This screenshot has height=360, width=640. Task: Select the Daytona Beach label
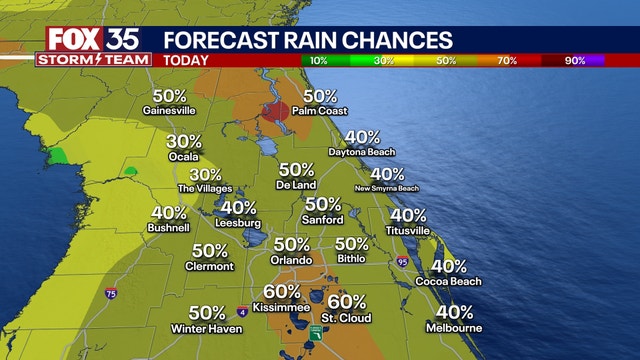(x=362, y=152)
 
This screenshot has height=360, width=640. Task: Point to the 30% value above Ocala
(x=183, y=142)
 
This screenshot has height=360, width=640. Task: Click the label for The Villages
(x=205, y=188)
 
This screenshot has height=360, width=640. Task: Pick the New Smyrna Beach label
(x=387, y=188)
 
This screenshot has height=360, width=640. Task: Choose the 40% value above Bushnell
(x=169, y=213)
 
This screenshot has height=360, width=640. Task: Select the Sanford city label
(x=323, y=219)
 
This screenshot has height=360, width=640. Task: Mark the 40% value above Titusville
(x=408, y=215)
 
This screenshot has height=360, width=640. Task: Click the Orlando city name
(x=291, y=259)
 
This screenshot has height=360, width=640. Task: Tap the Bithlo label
(x=352, y=259)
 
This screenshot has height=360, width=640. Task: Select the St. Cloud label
(x=347, y=318)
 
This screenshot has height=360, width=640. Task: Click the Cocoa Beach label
(x=449, y=282)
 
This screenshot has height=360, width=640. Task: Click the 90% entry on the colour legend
(x=575, y=60)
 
